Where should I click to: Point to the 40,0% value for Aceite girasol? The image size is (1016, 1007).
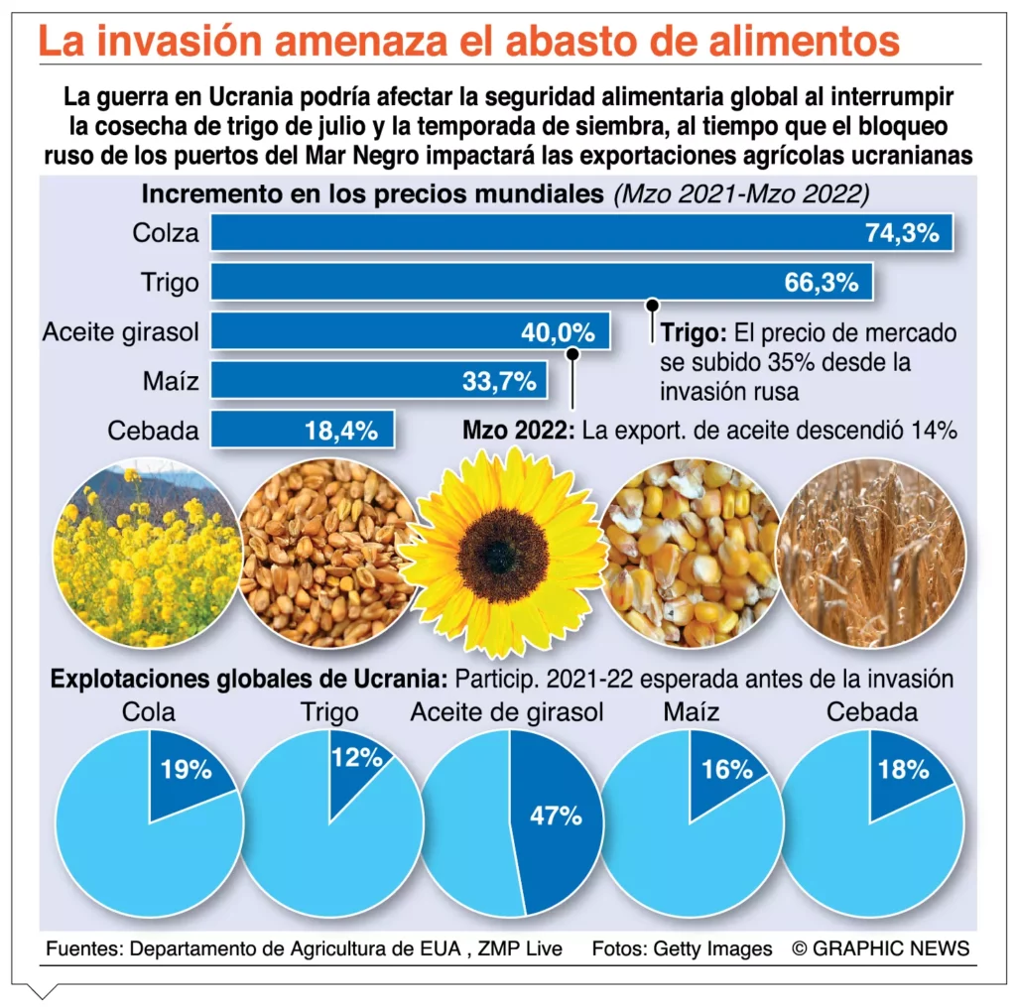coord(558,332)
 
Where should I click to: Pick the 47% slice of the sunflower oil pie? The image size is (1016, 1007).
coord(556,816)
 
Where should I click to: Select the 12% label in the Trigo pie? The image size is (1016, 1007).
coord(357,759)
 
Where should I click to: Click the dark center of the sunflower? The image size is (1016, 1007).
coord(502,554)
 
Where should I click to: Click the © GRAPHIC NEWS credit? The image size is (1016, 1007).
coord(880,948)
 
